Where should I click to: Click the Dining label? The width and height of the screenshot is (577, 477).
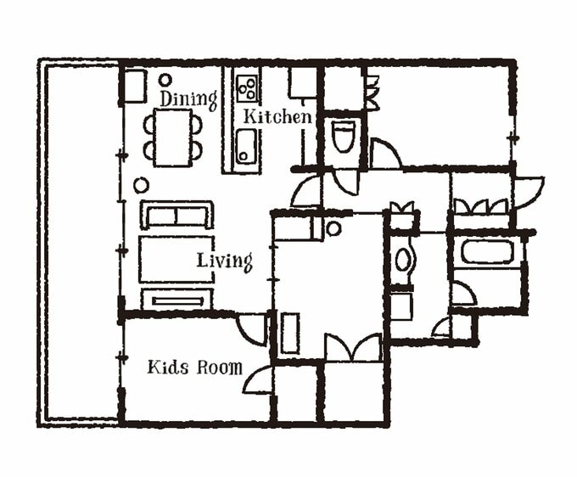click(x=188, y=99)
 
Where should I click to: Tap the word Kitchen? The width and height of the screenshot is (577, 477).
click(x=277, y=116)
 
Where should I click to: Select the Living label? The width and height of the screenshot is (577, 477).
click(x=225, y=261)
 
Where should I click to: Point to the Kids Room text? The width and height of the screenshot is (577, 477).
click(x=194, y=368)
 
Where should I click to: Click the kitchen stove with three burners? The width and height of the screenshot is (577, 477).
click(x=247, y=87)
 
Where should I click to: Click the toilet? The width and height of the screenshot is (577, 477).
click(x=342, y=136)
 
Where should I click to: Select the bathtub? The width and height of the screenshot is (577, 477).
click(x=487, y=252)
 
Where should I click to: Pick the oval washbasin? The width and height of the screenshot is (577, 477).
click(x=403, y=260)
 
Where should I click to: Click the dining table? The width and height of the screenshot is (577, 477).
click(x=173, y=137)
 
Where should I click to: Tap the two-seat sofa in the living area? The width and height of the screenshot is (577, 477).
click(x=176, y=215)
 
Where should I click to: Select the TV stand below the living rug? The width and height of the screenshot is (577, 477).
click(x=177, y=300)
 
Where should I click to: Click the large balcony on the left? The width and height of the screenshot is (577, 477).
click(x=80, y=243)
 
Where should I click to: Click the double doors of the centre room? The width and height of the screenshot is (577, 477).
click(x=353, y=347)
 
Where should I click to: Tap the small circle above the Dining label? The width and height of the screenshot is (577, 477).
click(x=165, y=80)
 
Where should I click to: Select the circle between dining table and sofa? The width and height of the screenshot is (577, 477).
click(x=141, y=186)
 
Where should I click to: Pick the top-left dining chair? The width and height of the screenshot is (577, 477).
click(x=149, y=125)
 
